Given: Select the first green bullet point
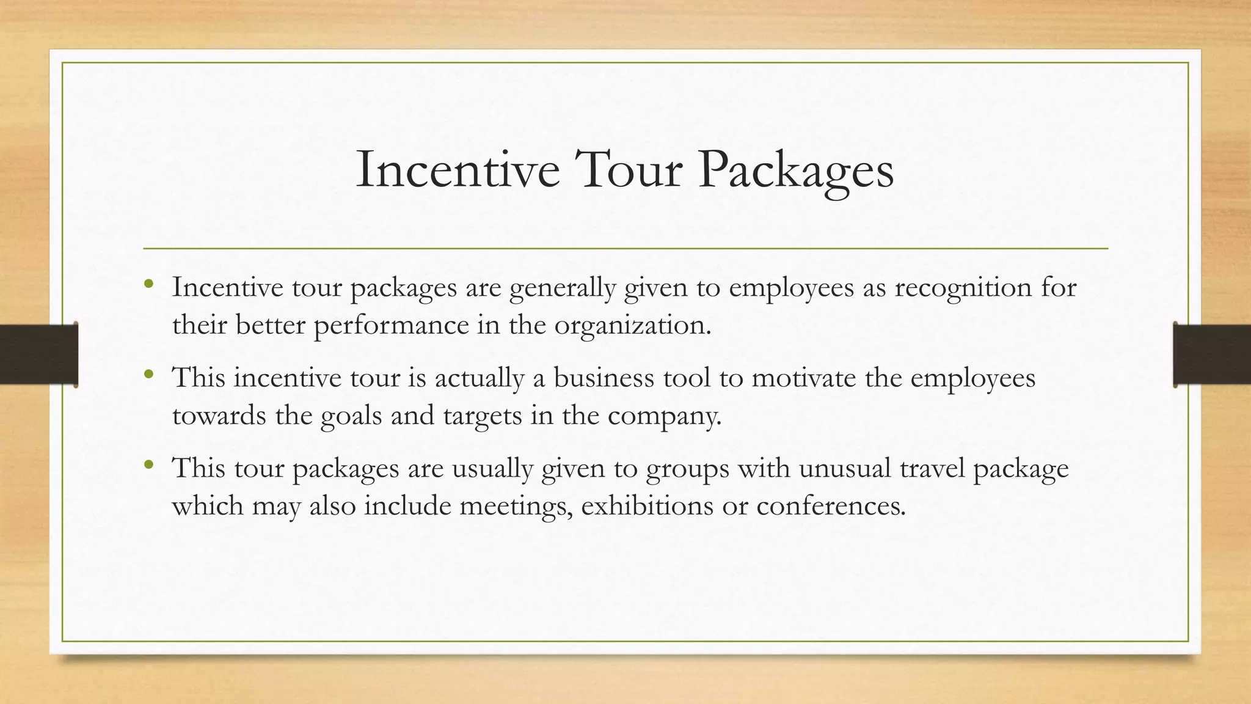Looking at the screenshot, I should pos(148,284).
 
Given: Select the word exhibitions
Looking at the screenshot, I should pos(647,506).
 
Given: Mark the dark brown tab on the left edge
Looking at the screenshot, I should pos(38,354).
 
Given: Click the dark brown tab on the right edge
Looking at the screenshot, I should pos(1212,354).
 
